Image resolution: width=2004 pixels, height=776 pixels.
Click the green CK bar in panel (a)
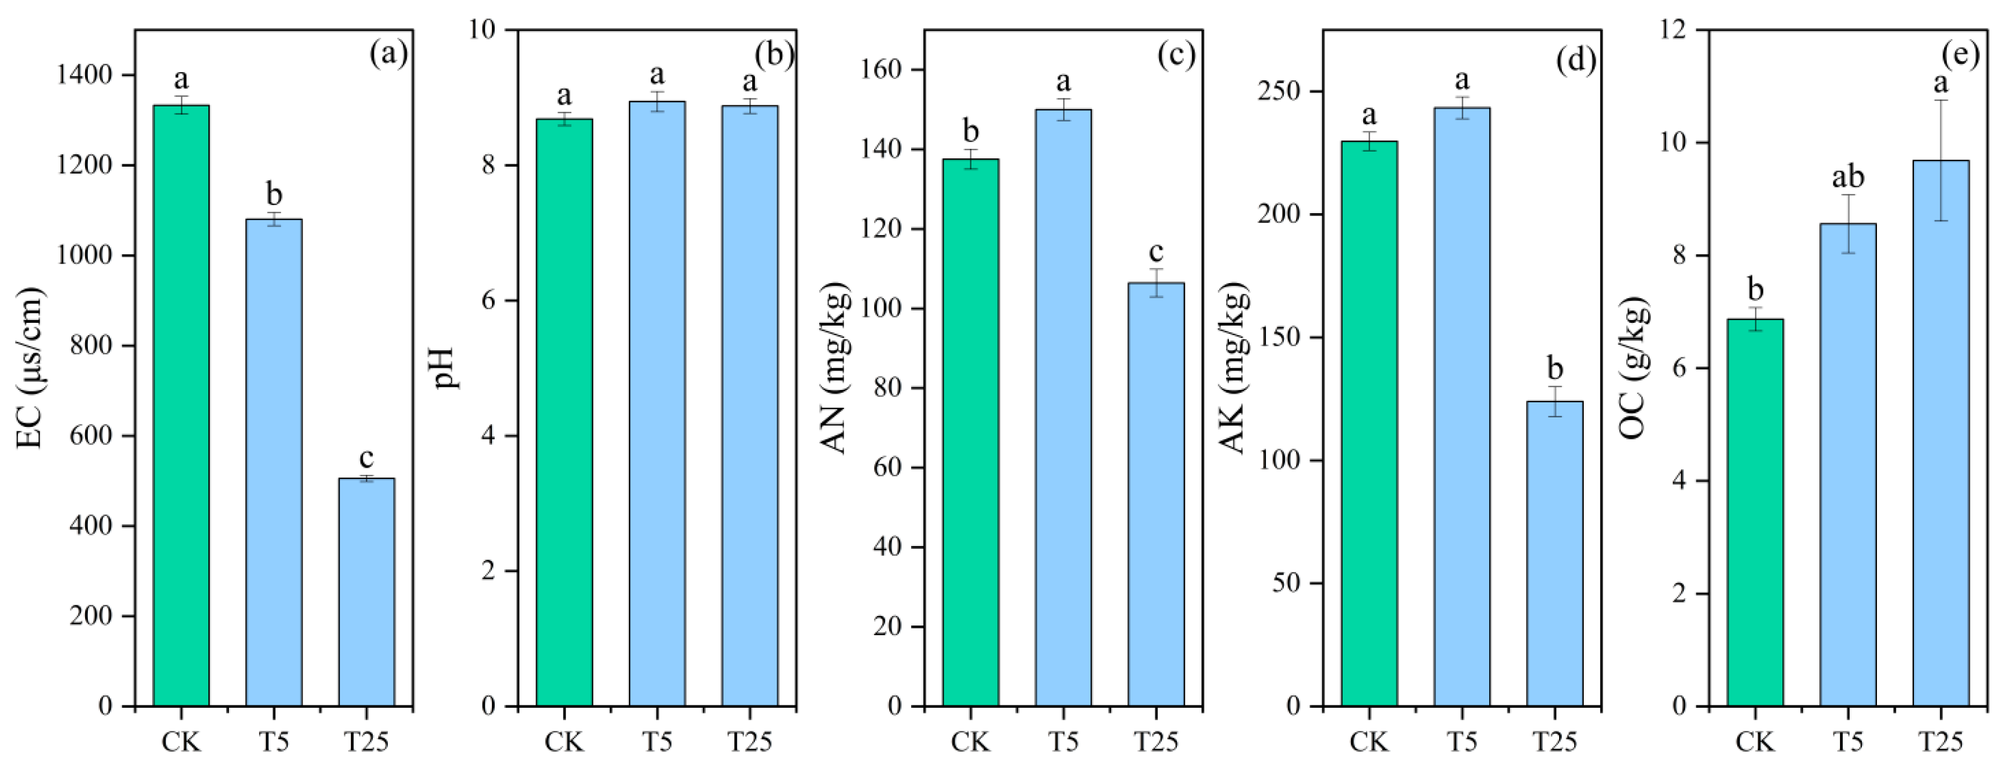pyautogui.click(x=181, y=405)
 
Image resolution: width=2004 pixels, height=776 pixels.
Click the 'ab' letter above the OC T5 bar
pyautogui.click(x=1848, y=178)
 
